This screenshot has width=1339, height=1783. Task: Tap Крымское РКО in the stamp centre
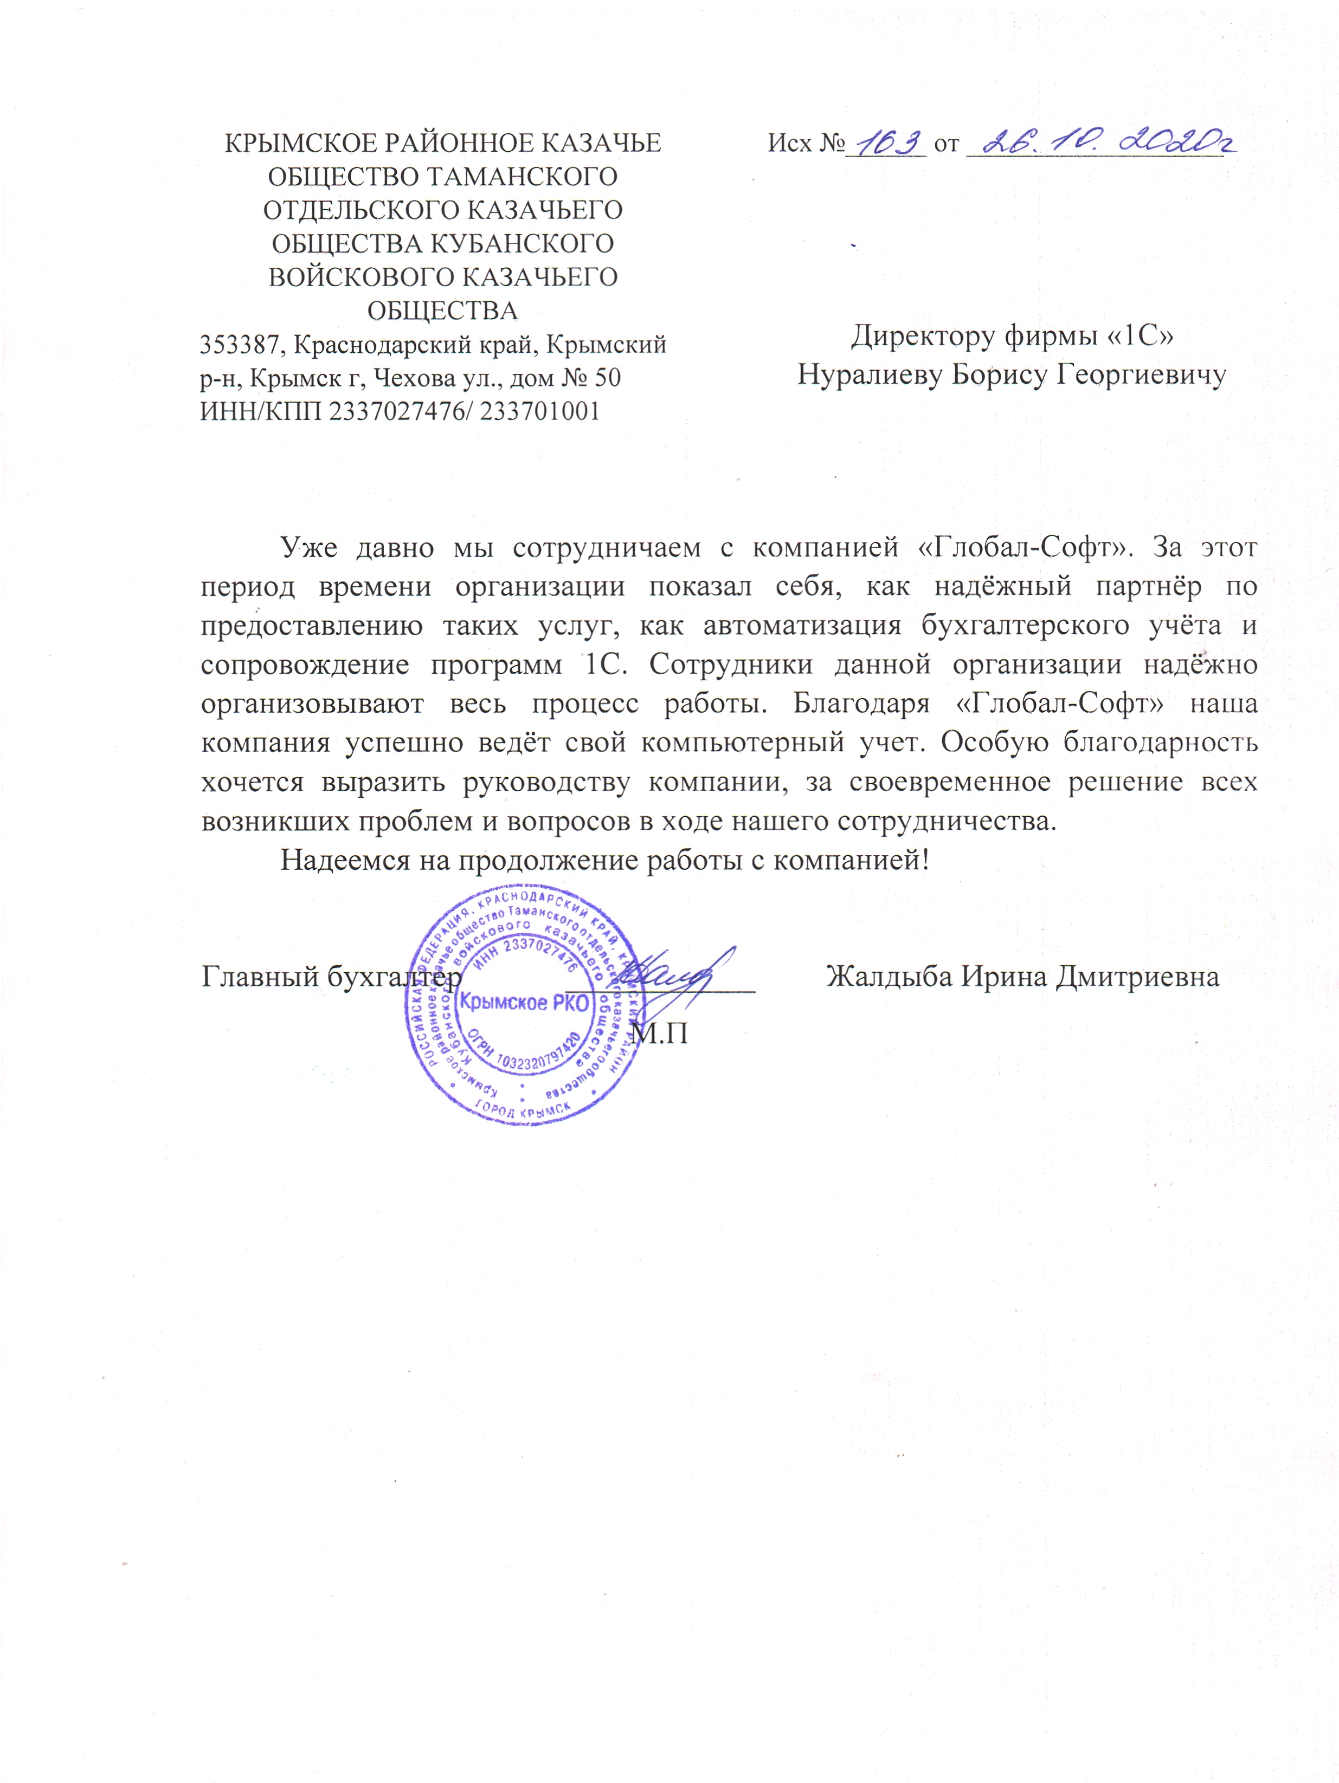[525, 1004]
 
